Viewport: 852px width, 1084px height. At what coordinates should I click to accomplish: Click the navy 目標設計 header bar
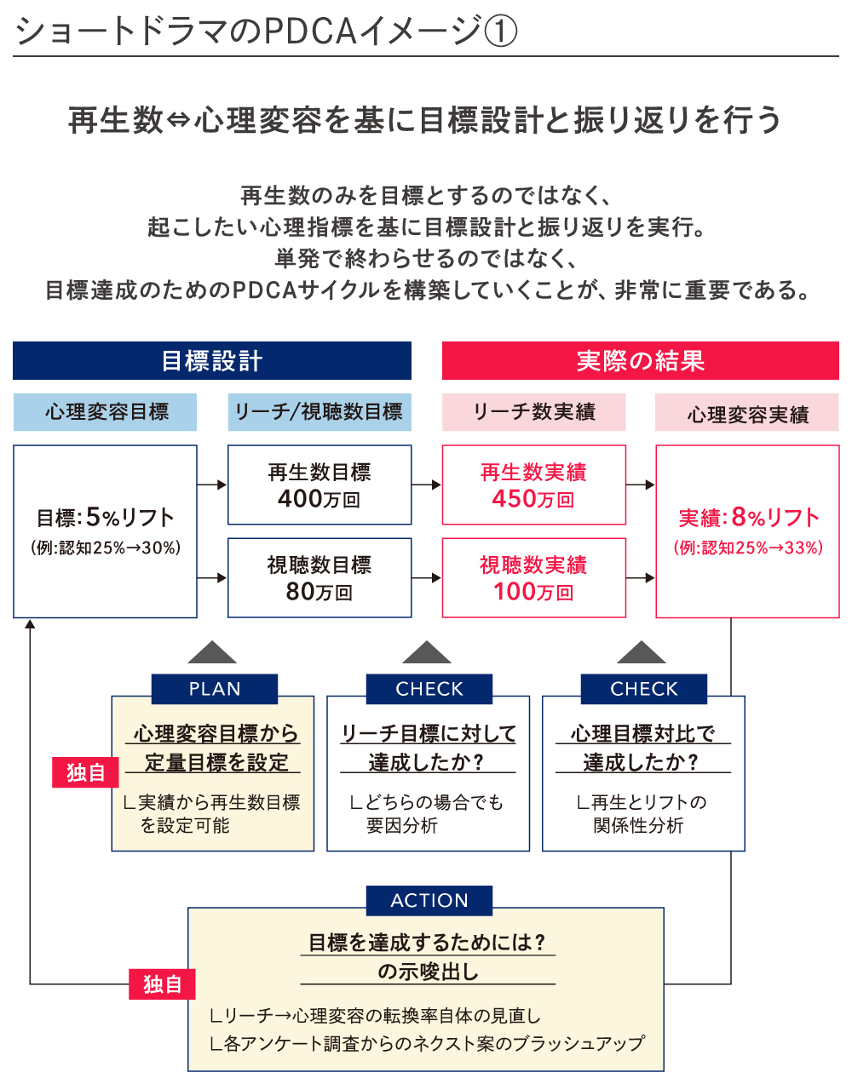coord(212,361)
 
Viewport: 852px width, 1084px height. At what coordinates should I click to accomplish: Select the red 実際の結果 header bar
coord(640,361)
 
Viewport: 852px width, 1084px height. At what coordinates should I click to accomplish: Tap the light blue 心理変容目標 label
coord(106,412)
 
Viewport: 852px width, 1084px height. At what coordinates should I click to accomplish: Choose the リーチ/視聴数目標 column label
coord(319,412)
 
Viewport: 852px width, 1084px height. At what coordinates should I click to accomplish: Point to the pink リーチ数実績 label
coord(533,412)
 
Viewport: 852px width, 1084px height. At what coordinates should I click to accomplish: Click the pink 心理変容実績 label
coord(747,414)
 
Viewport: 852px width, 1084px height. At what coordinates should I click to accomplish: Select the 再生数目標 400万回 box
coord(319,485)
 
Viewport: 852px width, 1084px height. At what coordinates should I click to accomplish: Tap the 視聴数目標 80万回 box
coord(319,578)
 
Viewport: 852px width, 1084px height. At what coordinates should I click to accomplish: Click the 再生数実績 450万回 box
coord(533,485)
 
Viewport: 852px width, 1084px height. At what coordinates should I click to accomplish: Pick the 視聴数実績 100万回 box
coord(533,578)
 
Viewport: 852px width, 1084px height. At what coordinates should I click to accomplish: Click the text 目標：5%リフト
coord(106,518)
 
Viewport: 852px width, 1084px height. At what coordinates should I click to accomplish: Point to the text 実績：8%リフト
coord(748,518)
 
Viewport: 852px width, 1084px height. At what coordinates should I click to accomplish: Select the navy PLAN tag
coord(215,689)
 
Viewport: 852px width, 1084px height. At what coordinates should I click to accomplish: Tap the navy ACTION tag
coord(429,900)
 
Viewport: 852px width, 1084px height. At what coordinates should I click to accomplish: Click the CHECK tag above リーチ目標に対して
coord(429,689)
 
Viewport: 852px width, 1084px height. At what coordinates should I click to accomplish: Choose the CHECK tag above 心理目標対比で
coord(644,689)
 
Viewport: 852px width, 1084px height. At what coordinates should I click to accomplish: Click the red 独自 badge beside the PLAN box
coord(85,772)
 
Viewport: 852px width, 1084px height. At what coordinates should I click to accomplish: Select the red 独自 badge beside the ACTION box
coord(162,984)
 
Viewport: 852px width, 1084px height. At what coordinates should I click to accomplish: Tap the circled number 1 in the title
coord(500,32)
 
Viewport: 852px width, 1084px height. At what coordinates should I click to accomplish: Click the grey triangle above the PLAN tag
coord(212,653)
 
